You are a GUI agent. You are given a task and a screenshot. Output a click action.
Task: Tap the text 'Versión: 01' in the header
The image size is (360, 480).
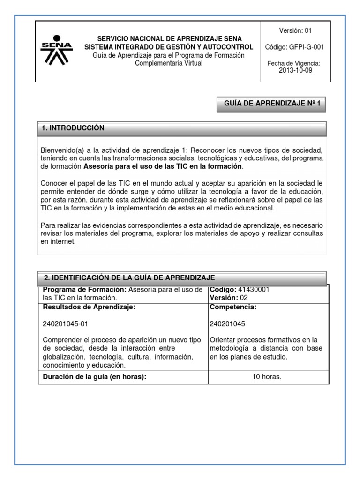(x=295, y=31)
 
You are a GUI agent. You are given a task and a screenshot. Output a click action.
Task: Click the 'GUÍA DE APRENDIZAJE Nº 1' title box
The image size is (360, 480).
(x=271, y=105)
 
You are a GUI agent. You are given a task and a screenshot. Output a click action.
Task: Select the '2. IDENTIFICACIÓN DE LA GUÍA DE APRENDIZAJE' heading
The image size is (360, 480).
(x=129, y=277)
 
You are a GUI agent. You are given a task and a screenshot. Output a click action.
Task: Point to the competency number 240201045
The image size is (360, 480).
(x=227, y=323)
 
